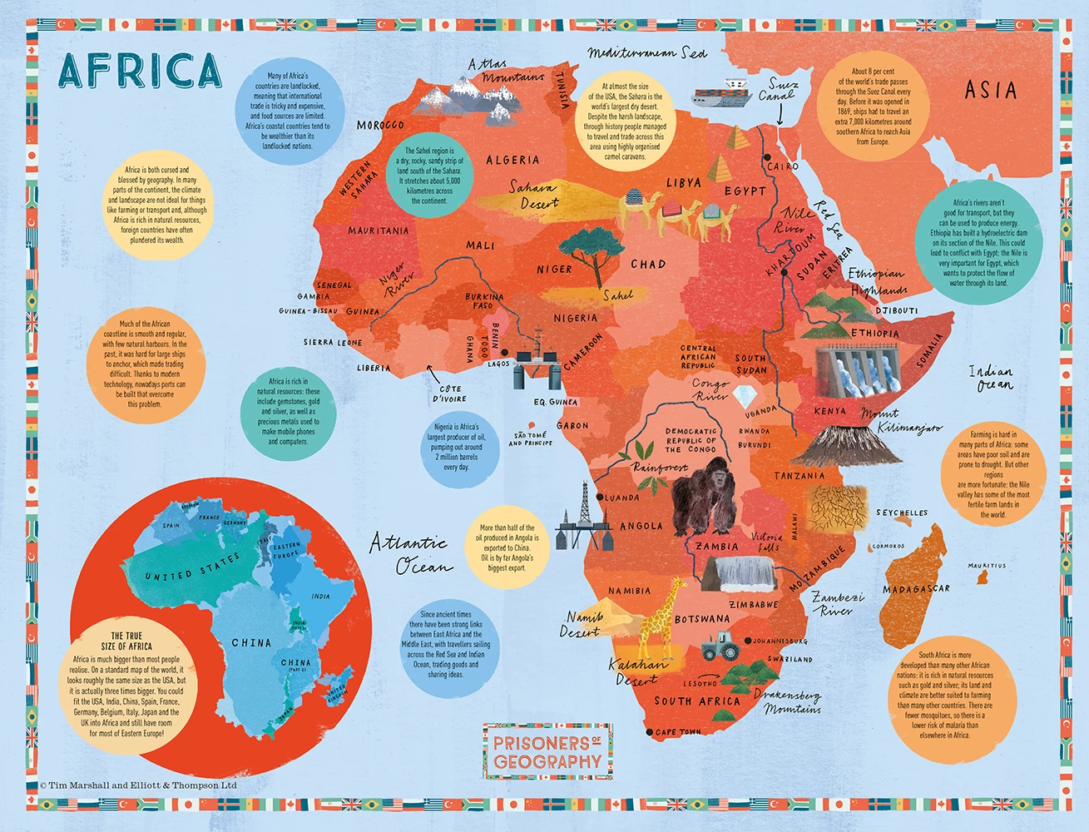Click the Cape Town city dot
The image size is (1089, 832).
coord(649,732)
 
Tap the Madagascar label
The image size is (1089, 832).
coord(916,589)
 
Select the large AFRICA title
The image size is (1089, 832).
coord(140,71)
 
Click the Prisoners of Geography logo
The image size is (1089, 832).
coord(547,751)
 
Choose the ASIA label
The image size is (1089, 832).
coord(990,89)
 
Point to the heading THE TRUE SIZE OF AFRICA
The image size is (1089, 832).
coord(126,641)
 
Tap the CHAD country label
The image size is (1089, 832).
coord(648,264)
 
